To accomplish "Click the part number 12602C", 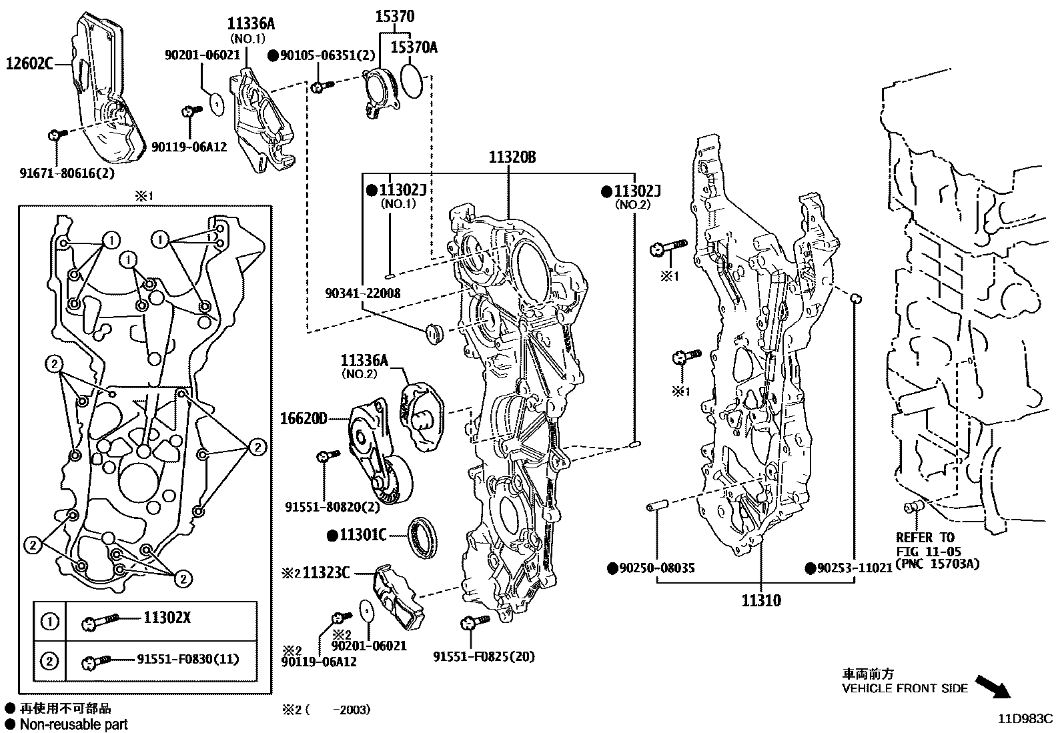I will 29,64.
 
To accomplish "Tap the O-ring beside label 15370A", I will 412,81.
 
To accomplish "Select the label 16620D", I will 304,419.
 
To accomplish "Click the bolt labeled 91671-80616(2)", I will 55,135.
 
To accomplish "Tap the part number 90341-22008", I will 363,293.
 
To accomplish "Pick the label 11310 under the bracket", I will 761,600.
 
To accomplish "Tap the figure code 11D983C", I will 1025,719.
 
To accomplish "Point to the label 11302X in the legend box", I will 167,618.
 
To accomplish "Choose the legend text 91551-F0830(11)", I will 188,660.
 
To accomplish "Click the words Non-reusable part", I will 73,724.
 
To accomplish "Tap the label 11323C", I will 326,572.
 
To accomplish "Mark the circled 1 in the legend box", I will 50,622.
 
